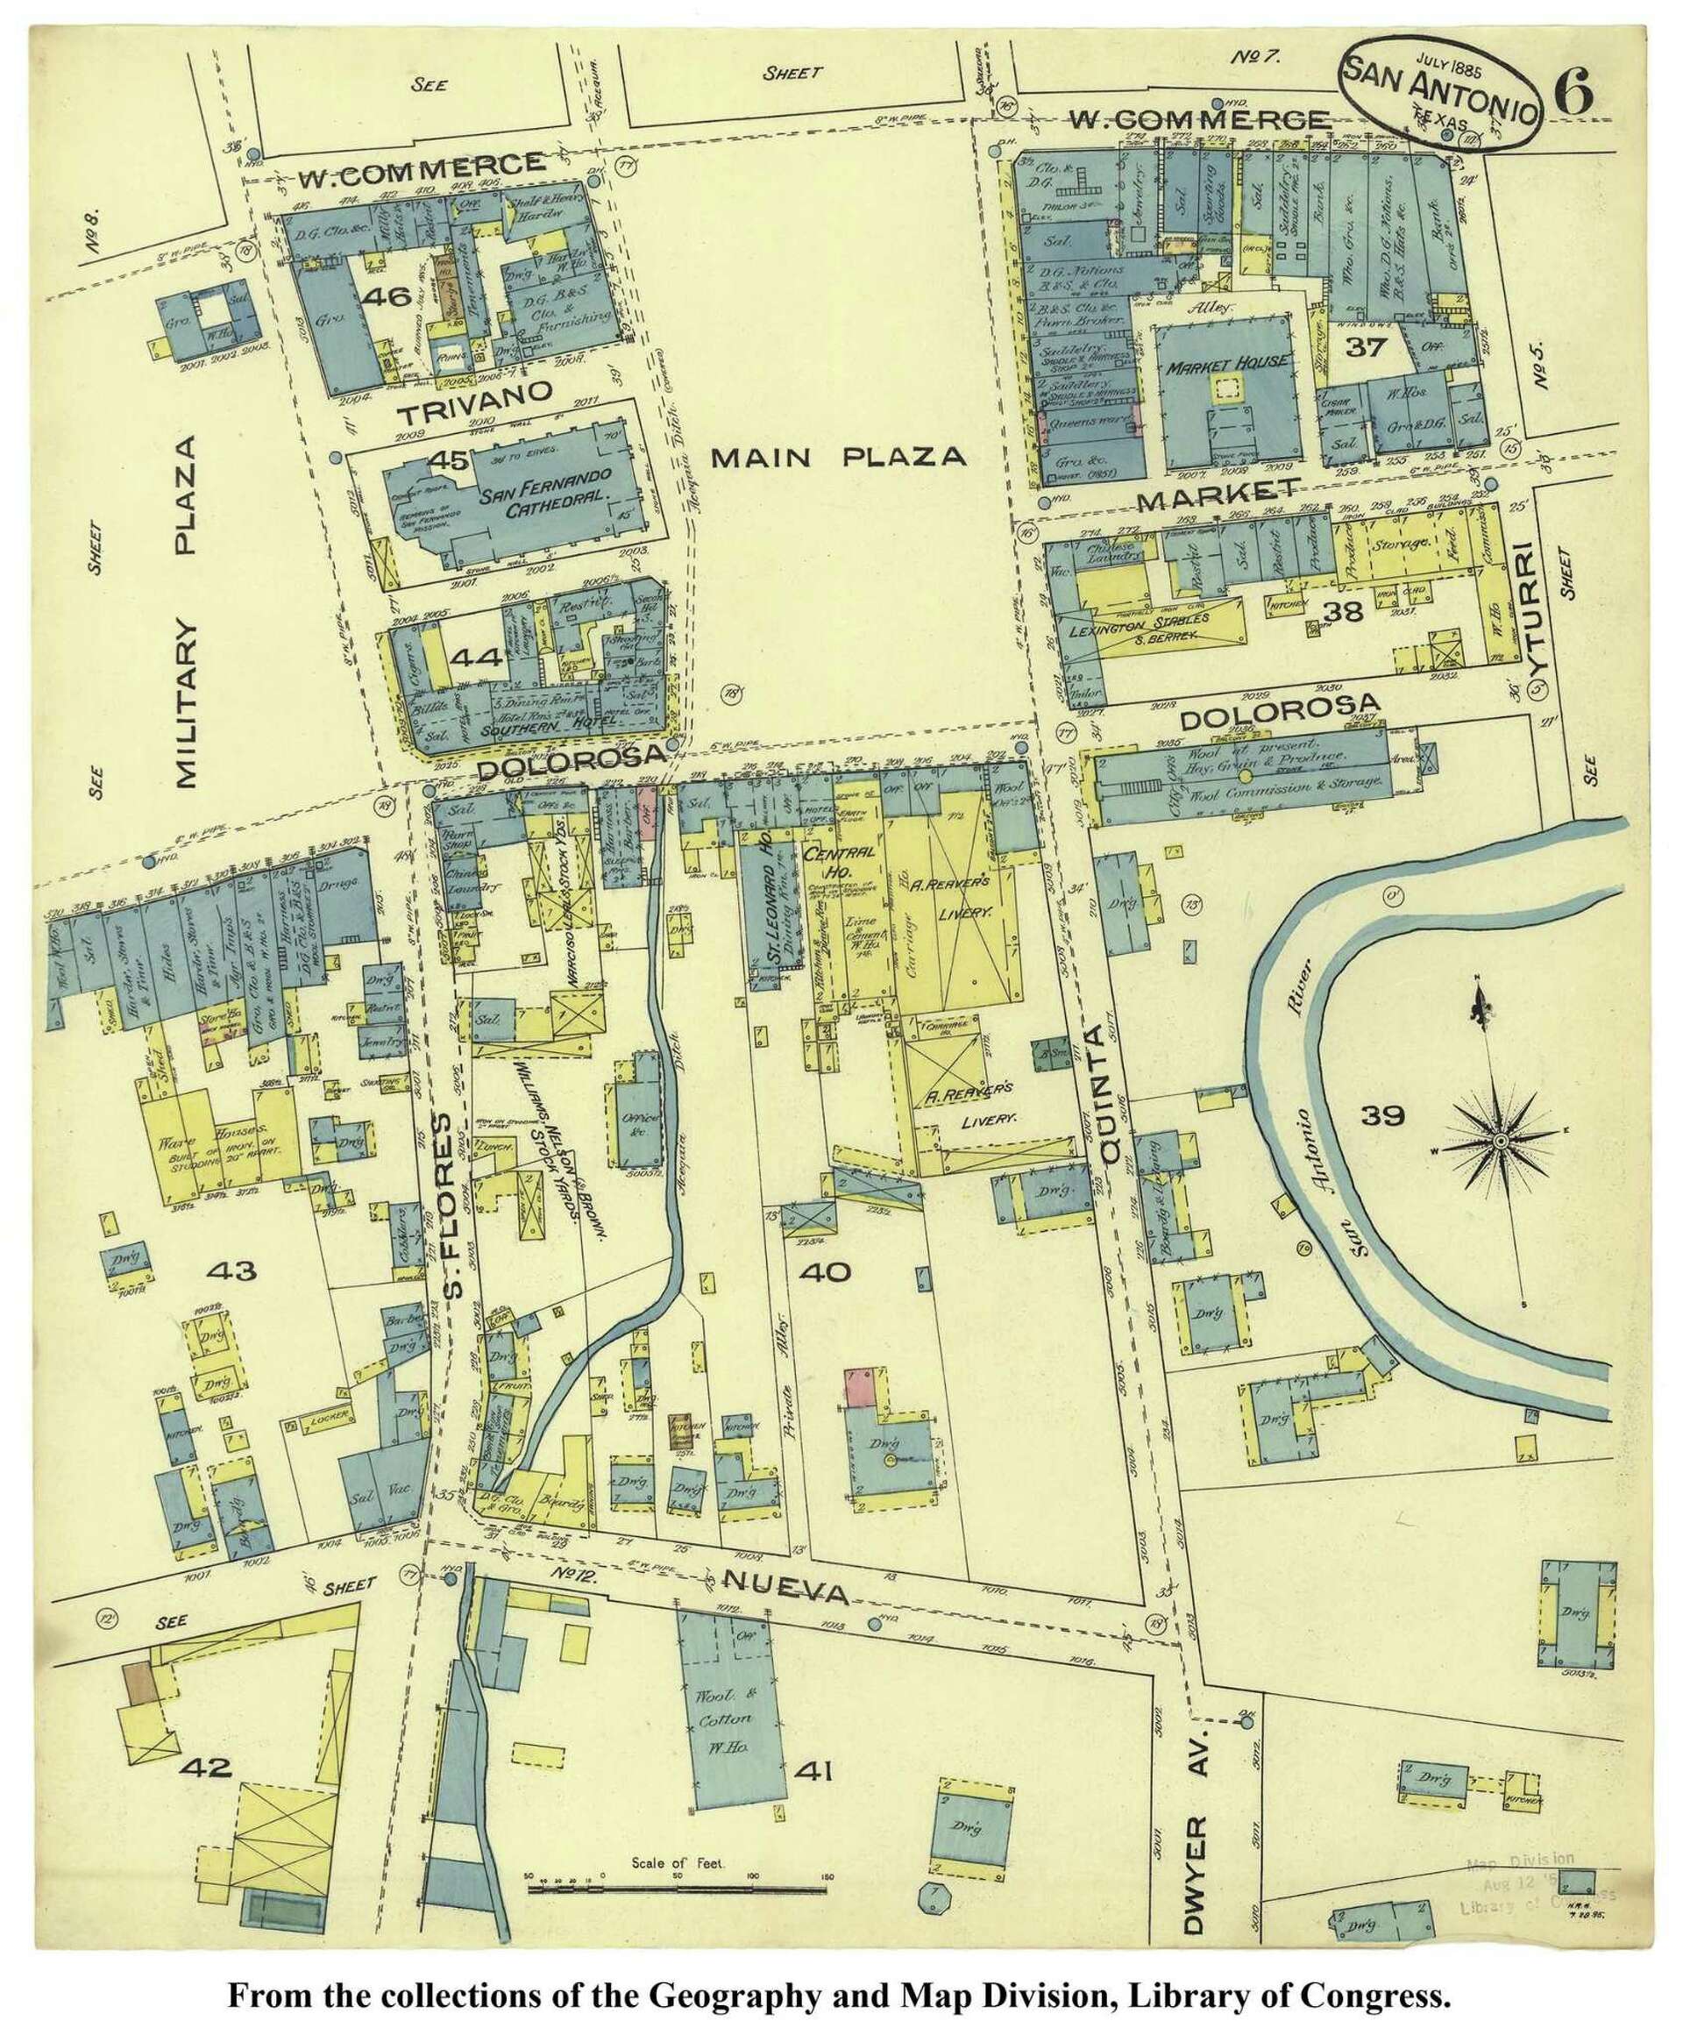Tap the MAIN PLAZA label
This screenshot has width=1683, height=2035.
coord(838,458)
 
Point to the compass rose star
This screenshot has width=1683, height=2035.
coord(1499,1142)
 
